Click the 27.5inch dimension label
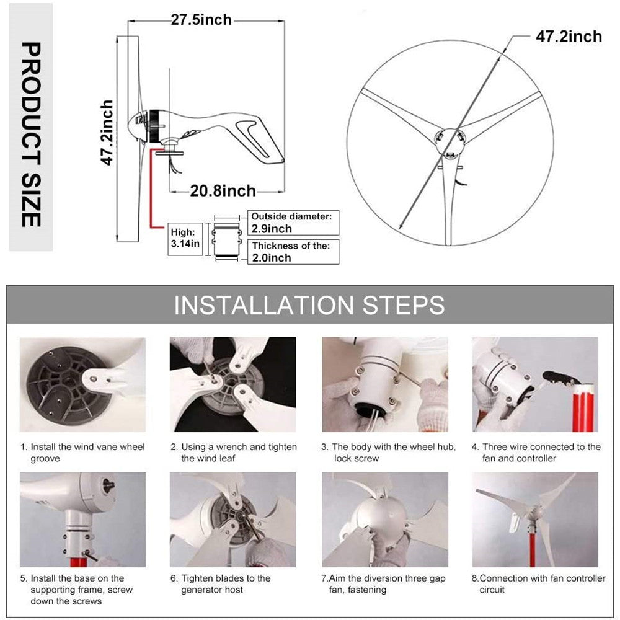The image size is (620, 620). (201, 20)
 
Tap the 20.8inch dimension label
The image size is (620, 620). (223, 191)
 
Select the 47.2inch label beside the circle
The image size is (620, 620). (569, 37)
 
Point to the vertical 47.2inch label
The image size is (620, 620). (108, 133)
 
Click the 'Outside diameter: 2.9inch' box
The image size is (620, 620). (293, 223)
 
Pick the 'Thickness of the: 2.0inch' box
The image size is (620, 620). (293, 252)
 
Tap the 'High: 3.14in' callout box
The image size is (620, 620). (185, 238)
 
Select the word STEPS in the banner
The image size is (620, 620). (401, 306)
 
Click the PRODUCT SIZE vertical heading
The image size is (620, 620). (30, 135)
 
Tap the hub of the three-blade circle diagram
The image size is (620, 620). (449, 141)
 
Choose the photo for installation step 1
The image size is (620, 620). (82, 384)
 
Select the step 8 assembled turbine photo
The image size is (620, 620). (535, 520)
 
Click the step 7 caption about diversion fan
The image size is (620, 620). (383, 583)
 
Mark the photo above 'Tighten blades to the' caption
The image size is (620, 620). (232, 520)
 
